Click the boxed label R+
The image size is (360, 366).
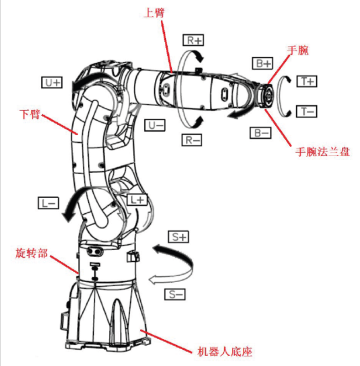point(195,40)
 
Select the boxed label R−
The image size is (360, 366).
point(195,140)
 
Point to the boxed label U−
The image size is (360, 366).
point(156,125)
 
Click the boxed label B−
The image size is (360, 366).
point(260,133)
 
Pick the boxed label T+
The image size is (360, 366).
point(306,82)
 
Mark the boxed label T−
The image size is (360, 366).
point(306,110)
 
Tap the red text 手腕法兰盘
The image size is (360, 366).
point(322,153)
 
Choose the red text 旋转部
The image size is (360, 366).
point(31,255)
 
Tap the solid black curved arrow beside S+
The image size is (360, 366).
point(175,253)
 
